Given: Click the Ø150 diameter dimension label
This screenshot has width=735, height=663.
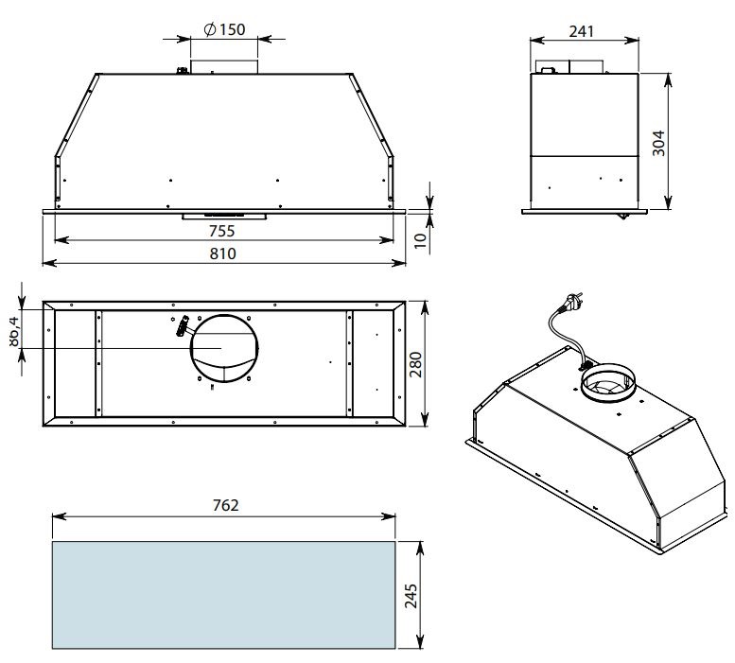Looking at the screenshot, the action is point(224,29).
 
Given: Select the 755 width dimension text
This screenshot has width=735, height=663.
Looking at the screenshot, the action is point(222,231).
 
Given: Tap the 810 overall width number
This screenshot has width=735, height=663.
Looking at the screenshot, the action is point(222,253).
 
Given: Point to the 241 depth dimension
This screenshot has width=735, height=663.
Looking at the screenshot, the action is point(581,31).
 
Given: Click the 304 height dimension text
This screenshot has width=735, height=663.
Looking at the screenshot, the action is point(658,143).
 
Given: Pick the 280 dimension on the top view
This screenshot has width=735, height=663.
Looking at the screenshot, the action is point(416,364).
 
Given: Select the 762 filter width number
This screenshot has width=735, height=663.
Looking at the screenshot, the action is point(225,505).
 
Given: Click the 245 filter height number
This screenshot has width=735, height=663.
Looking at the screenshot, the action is point(411,596).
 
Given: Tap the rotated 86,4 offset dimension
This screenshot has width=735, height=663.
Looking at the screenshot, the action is point(13,332).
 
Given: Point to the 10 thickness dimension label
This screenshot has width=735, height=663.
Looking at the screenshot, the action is point(421,240).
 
